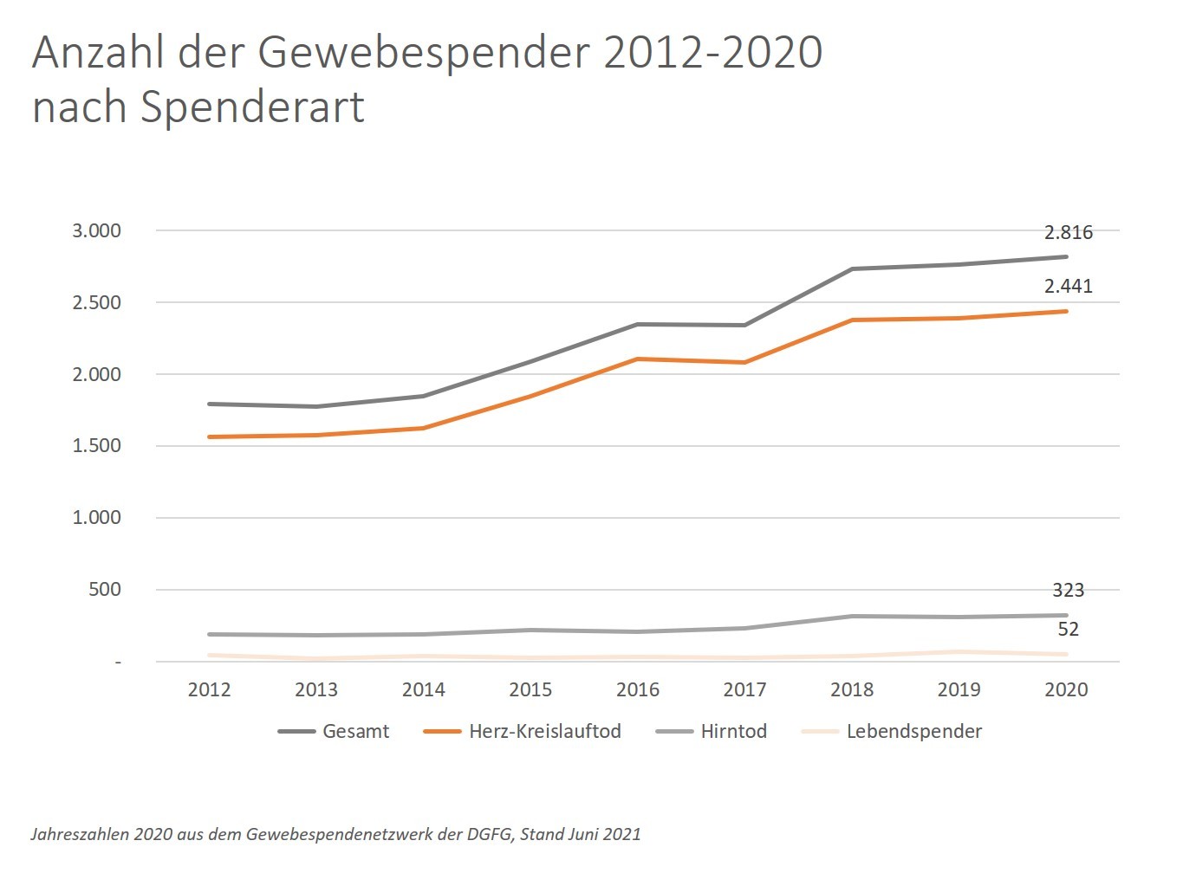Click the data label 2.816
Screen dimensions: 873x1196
coord(1068,232)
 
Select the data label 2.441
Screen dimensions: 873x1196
coord(1068,287)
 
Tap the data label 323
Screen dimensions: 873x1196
coord(1068,591)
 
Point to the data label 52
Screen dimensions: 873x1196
coord(1068,630)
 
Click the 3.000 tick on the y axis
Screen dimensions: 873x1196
coord(96,231)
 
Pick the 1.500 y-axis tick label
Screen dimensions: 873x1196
coord(96,446)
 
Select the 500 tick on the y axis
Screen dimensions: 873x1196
coord(104,590)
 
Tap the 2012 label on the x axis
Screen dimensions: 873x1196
coord(209,690)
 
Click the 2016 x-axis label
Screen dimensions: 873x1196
coord(637,690)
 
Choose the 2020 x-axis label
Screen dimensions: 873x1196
coord(1066,690)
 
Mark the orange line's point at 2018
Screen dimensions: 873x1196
coord(852,320)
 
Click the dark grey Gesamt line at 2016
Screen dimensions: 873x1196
coord(637,325)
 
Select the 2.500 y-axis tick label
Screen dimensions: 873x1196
coord(96,303)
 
